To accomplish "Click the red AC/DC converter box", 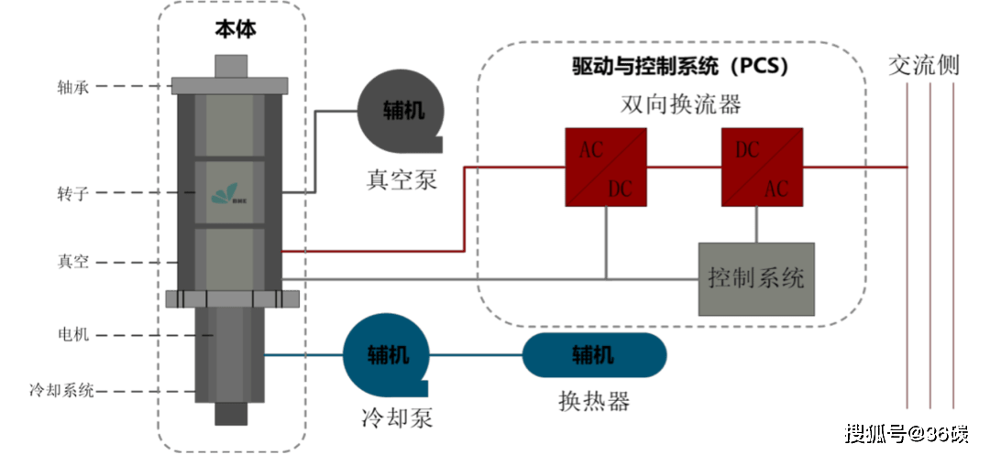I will coord(606,166).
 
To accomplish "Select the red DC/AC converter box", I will coord(763,166).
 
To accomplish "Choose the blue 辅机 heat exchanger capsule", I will coord(594,354).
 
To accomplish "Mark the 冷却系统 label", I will coord(62,391).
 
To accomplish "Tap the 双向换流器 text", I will coord(667,105).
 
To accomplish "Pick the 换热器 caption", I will coord(594,402).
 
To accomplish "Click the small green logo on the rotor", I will coord(223,193).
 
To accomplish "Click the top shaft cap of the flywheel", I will coord(234,66).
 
